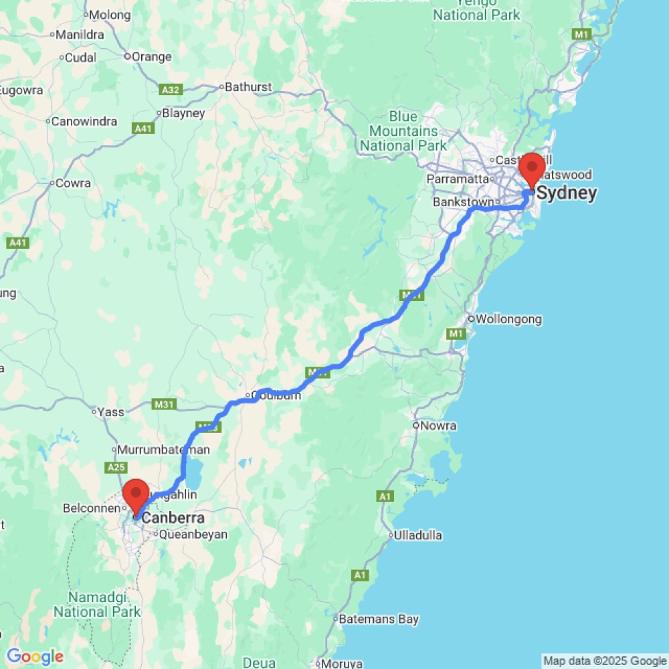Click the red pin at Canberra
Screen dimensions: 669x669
[136, 496]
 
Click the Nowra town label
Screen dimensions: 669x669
[438, 425]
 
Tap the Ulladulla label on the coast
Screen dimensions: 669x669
[418, 535]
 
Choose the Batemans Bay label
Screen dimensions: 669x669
[379, 619]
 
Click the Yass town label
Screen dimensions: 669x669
[110, 412]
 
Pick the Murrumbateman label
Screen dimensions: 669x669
[164, 450]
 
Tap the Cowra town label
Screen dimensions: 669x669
[73, 183]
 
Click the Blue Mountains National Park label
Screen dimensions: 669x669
[403, 131]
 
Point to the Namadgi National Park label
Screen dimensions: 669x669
[98, 604]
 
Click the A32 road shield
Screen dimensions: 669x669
[171, 89]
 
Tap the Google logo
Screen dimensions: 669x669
[35, 657]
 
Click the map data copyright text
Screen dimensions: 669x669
[605, 661]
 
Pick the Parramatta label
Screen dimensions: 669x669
[458, 179]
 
